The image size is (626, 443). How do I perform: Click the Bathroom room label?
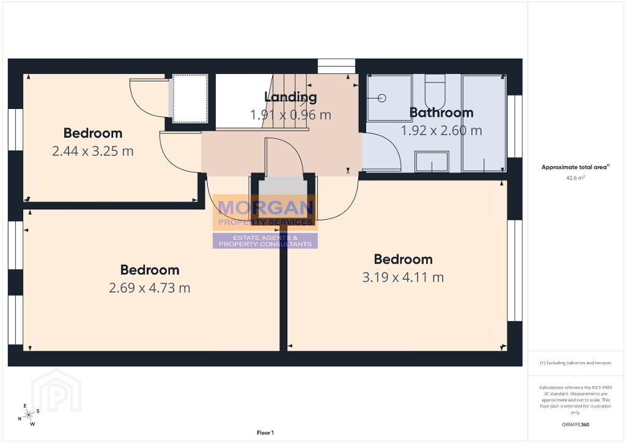[x=441, y=113]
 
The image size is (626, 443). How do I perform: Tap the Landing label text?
[x=290, y=97]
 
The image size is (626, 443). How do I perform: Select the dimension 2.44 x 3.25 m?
[x=93, y=151]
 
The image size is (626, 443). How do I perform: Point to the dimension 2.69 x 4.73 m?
[x=149, y=288]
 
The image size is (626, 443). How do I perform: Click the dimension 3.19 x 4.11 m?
[x=403, y=277]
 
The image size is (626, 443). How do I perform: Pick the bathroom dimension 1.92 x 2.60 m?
[x=441, y=130]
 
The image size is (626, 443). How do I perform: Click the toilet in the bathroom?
[x=435, y=92]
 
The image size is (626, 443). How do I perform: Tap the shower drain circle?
[x=382, y=98]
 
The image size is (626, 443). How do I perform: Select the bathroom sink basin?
[x=432, y=162]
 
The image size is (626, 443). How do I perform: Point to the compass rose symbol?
[x=29, y=415]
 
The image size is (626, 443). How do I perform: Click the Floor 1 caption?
[x=265, y=433]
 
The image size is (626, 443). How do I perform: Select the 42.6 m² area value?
[x=575, y=178]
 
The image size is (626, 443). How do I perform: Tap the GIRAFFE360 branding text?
[x=575, y=425]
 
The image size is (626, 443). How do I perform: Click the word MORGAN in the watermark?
[x=265, y=207]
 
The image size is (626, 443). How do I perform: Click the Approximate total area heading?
[x=575, y=167]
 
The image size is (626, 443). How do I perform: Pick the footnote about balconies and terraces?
[x=575, y=363]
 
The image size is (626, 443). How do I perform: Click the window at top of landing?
[x=336, y=66]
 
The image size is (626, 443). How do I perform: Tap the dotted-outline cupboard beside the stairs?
[x=190, y=99]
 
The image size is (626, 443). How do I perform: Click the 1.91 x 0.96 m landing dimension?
[x=290, y=115]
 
